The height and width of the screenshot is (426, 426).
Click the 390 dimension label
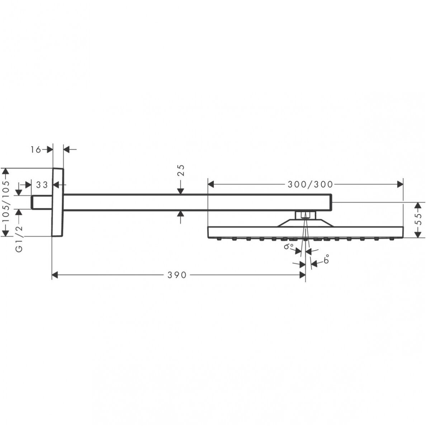pyautogui.click(x=177, y=275)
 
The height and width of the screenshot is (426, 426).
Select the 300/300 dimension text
pyautogui.click(x=310, y=184)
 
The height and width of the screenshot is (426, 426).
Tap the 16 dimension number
pyautogui.click(x=35, y=150)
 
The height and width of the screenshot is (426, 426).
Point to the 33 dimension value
pyautogui.click(x=42, y=185)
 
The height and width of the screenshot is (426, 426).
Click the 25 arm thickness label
pyautogui.click(x=181, y=170)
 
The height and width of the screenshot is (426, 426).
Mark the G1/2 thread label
pyautogui.click(x=19, y=238)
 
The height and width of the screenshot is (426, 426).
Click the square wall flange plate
pyautogui.click(x=58, y=202)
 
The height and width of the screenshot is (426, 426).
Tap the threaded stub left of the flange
pyautogui.click(x=42, y=202)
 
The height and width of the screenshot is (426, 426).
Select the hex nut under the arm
pyautogui.click(x=306, y=215)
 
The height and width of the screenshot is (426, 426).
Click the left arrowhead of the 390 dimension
pyautogui.click(x=55, y=275)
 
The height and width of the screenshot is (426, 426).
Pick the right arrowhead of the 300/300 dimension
pyautogui.click(x=400, y=184)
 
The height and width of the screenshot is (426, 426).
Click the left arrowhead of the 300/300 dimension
pyautogui.click(x=211, y=184)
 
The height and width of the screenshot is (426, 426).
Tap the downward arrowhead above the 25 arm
pyautogui.click(x=181, y=191)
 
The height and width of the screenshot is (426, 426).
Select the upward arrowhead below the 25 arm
pyautogui.click(x=181, y=214)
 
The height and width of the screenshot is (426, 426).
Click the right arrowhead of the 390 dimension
pyautogui.click(x=302, y=275)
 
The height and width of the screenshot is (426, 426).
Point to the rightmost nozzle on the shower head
pyautogui.click(x=392, y=239)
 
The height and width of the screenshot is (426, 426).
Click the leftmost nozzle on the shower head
pyautogui.click(x=219, y=239)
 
